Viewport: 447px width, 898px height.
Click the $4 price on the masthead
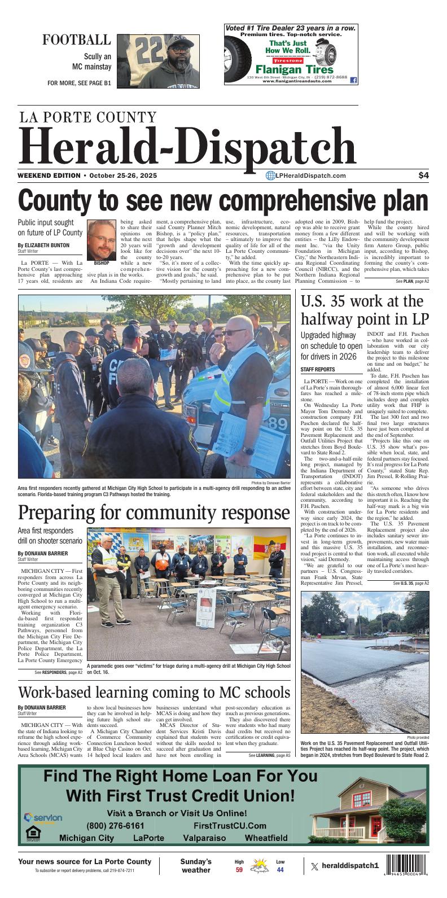[423, 176]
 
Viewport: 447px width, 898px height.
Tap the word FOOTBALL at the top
[77, 40]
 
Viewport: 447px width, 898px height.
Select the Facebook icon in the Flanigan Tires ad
[354, 80]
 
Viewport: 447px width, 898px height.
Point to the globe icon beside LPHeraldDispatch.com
[270, 176]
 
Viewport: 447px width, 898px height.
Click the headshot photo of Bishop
[102, 239]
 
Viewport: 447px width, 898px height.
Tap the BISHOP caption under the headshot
[102, 263]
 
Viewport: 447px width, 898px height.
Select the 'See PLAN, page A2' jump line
[412, 281]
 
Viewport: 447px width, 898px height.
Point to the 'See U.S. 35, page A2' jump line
[411, 583]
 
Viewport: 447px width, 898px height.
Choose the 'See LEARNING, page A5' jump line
[269, 755]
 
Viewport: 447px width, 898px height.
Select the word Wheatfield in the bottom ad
[266, 838]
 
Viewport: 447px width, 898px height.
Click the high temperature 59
[239, 870]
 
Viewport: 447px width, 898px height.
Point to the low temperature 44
[280, 870]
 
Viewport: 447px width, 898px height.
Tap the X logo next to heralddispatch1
[314, 866]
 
